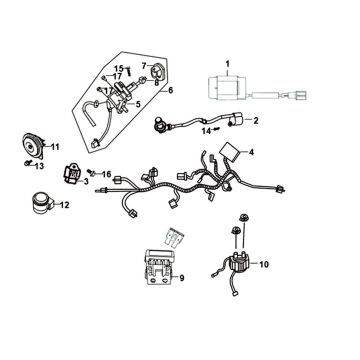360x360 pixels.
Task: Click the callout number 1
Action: click(228, 63)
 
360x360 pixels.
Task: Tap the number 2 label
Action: click(256, 121)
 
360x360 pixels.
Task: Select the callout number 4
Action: click(251, 152)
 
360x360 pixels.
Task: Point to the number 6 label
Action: click(170, 91)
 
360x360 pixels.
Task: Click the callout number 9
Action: click(181, 278)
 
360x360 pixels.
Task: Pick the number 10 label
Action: click(264, 265)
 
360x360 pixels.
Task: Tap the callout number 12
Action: click(64, 205)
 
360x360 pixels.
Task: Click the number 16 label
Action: click(106, 174)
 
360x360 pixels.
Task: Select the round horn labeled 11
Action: click(32, 146)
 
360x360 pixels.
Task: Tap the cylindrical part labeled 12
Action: click(41, 202)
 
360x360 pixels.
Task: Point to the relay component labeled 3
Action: click(72, 174)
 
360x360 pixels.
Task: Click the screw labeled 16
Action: click(91, 172)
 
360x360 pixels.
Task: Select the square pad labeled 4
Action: click(230, 151)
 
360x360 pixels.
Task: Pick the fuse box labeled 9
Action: click(159, 267)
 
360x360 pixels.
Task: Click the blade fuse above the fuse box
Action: click(173, 237)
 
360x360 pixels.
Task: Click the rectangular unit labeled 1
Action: click(227, 88)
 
